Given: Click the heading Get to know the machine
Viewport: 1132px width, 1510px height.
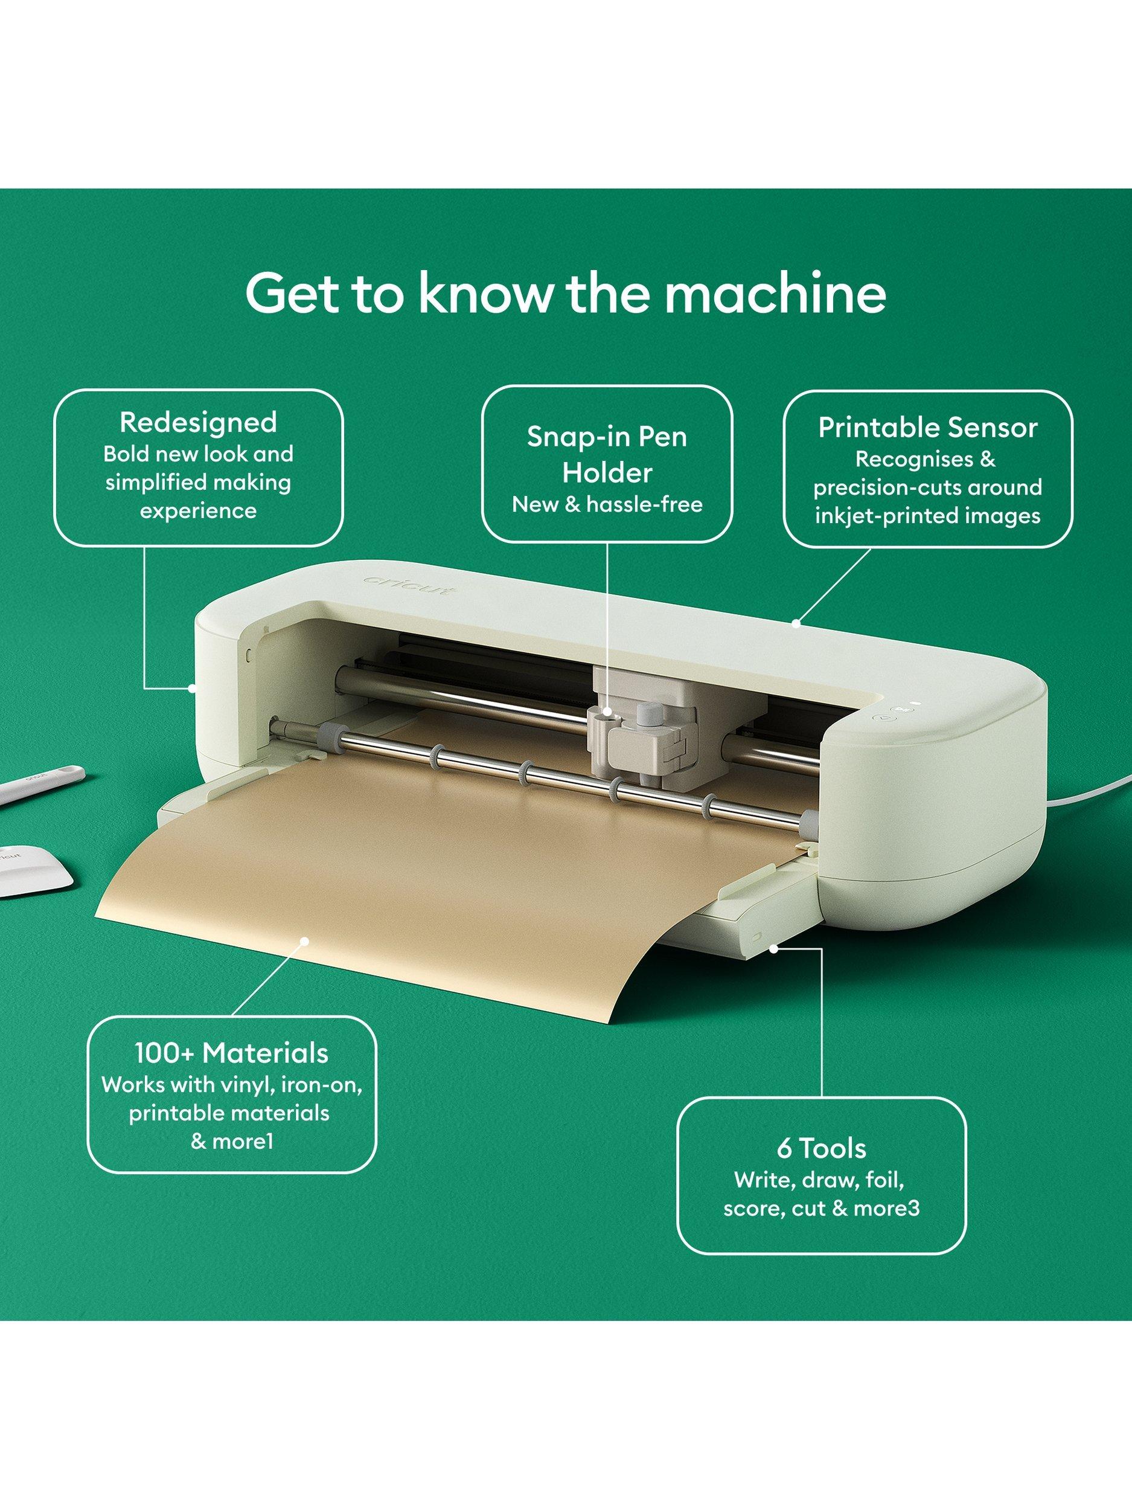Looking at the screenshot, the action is pos(566,294).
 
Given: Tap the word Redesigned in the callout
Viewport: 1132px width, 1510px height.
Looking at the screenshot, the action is pos(198,423).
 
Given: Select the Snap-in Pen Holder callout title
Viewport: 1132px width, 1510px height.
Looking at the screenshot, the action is pos(607,455).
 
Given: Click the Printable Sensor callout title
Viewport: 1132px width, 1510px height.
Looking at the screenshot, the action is pos(927,428).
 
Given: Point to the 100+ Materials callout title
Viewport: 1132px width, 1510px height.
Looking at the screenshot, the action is pos(231,1053).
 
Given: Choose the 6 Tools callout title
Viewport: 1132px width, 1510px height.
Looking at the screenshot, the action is pos(822,1149).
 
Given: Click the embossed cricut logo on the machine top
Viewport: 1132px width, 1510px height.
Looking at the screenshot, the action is pos(408,586).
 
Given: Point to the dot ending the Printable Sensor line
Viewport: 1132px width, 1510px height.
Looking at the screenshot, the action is pos(796,623).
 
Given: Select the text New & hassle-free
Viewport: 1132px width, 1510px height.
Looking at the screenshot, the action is pos(607,504).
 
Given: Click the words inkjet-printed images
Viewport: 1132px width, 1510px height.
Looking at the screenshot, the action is pos(927,515).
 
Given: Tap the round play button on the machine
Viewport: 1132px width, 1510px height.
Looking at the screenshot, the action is pos(884,717).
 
